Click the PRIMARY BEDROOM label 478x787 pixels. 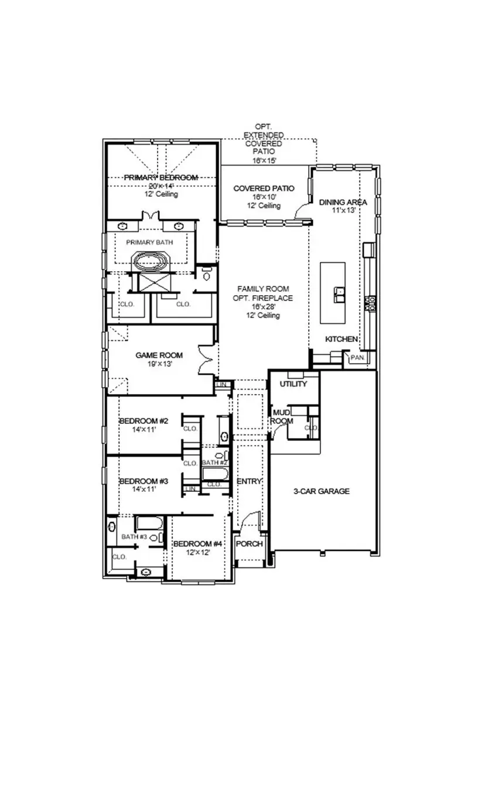(x=161, y=177)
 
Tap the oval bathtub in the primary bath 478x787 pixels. (x=152, y=261)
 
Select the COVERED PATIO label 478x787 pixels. (x=264, y=188)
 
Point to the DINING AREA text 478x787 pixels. (x=343, y=202)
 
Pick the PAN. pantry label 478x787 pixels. (x=356, y=357)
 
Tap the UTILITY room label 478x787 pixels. (x=293, y=384)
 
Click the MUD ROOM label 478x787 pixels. (x=281, y=417)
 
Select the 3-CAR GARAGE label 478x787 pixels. (x=322, y=491)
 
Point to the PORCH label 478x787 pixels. (x=250, y=544)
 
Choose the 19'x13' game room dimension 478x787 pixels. (x=159, y=364)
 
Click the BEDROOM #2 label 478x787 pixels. (x=144, y=421)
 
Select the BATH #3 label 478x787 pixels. (x=134, y=536)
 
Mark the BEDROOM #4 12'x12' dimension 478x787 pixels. (x=197, y=552)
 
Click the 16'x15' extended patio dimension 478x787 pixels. (x=264, y=160)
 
